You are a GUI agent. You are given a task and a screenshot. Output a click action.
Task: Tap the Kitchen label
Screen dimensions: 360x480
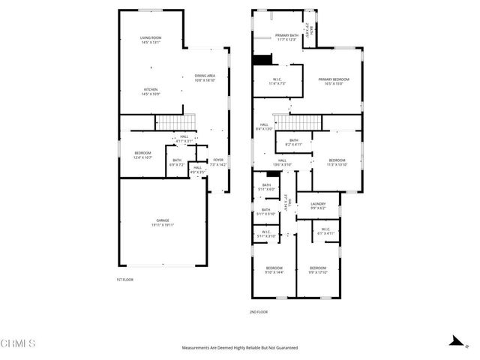tap(151, 91)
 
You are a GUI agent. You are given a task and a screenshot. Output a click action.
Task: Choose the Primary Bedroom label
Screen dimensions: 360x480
tap(330, 82)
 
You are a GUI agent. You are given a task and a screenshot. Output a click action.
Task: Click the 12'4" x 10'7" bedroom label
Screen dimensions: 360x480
tap(142, 156)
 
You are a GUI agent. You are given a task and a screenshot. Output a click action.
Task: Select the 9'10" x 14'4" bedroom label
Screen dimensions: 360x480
tap(274, 270)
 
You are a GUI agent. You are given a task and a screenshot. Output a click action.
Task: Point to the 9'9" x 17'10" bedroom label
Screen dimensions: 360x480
tap(318, 270)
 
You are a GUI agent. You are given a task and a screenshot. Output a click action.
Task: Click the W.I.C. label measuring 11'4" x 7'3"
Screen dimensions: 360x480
tap(276, 82)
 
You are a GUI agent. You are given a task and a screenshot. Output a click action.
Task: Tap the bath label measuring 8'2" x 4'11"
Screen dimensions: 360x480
tap(294, 142)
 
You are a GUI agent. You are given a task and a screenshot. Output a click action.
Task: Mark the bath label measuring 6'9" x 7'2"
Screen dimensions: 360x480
tap(177, 162)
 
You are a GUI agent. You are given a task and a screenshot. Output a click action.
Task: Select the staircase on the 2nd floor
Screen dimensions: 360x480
tap(295, 121)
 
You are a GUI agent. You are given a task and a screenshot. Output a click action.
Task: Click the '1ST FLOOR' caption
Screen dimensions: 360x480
tap(124, 280)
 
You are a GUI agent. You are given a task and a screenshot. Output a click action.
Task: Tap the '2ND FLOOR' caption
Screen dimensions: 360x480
tap(258, 312)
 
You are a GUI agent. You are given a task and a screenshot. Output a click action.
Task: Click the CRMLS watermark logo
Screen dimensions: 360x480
tap(19, 344)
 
